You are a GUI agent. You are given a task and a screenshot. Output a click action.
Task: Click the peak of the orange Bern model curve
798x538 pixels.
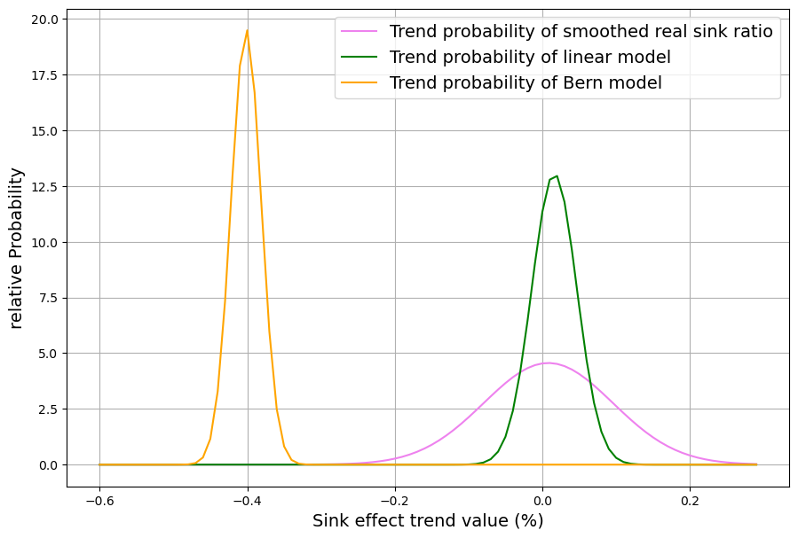pos(247,31)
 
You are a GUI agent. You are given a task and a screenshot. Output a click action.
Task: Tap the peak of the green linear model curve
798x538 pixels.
pos(557,176)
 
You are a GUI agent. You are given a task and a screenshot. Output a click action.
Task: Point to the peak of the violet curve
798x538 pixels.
pos(549,363)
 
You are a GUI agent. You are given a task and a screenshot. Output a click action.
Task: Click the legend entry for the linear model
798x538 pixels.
pos(530,58)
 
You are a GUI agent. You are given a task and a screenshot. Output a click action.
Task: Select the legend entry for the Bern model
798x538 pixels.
pos(525,83)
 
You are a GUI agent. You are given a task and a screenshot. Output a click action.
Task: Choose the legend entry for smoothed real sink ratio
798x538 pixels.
pos(581,32)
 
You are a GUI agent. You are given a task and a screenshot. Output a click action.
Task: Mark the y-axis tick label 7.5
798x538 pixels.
pos(47,298)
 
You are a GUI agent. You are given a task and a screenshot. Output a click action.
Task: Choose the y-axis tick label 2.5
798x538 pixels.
pos(47,409)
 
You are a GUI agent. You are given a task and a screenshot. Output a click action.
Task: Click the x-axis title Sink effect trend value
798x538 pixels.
pos(428,521)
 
